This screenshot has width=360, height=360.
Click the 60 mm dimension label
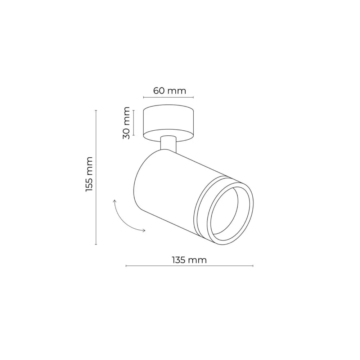[x=170, y=90]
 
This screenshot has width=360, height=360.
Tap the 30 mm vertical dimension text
[x=126, y=123]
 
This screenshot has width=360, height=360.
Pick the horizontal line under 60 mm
[x=168, y=97]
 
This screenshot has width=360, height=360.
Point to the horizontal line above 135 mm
[x=189, y=266]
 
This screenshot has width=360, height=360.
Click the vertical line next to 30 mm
[x=133, y=123]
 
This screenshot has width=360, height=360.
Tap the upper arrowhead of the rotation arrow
[x=115, y=200]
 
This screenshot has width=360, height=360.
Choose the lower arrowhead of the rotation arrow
[x=144, y=230]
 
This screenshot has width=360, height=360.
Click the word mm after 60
[x=178, y=90]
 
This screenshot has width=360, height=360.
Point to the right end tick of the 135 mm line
[x=253, y=266]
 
